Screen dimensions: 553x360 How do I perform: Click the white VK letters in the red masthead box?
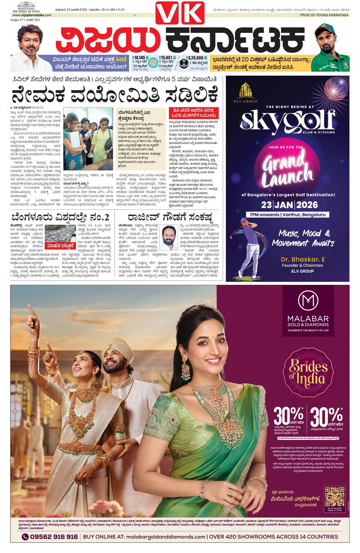(180, 13)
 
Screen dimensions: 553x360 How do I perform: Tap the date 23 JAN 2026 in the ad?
(289, 205)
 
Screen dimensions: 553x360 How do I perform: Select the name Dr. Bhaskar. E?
(302, 259)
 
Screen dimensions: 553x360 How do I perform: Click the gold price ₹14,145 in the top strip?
(140, 57)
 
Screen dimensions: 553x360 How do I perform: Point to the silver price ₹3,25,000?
(195, 57)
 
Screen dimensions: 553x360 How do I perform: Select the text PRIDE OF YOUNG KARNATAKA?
(324, 15)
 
